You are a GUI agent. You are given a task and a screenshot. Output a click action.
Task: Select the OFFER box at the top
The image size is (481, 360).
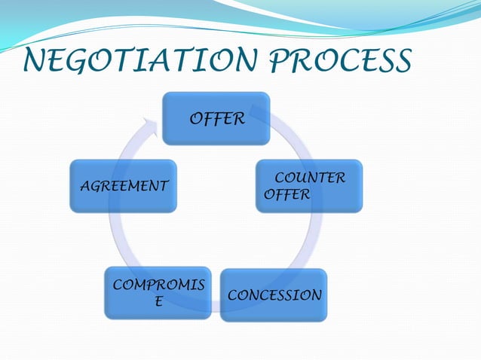point(216,118)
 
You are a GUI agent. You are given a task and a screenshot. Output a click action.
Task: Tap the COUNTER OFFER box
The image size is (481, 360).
point(308,186)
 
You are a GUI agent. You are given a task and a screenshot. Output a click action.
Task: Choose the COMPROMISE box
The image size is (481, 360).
point(158,293)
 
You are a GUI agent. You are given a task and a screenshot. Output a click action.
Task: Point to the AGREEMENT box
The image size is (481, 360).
point(124,186)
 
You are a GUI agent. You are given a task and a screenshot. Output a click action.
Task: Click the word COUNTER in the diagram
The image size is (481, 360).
point(310,178)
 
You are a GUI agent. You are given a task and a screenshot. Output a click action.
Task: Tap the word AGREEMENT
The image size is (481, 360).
point(124,186)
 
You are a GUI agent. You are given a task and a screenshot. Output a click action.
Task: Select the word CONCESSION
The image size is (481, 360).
point(274,295)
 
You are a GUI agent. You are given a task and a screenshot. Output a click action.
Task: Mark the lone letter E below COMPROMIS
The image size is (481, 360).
point(158,302)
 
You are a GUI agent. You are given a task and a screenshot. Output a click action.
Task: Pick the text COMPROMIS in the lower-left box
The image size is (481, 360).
point(158,285)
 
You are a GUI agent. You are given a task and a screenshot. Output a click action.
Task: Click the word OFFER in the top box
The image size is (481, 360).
point(216,119)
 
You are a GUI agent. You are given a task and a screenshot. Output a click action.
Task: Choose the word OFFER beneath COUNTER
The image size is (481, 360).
point(287,195)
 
